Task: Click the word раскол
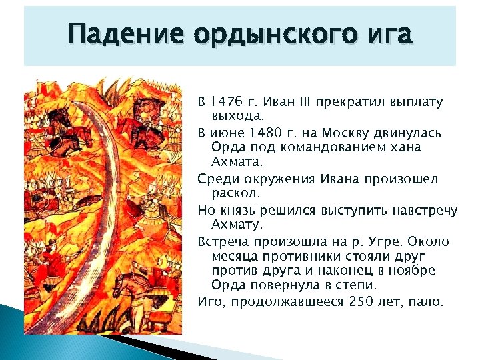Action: click(x=234, y=193)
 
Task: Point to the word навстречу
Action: click(x=424, y=210)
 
